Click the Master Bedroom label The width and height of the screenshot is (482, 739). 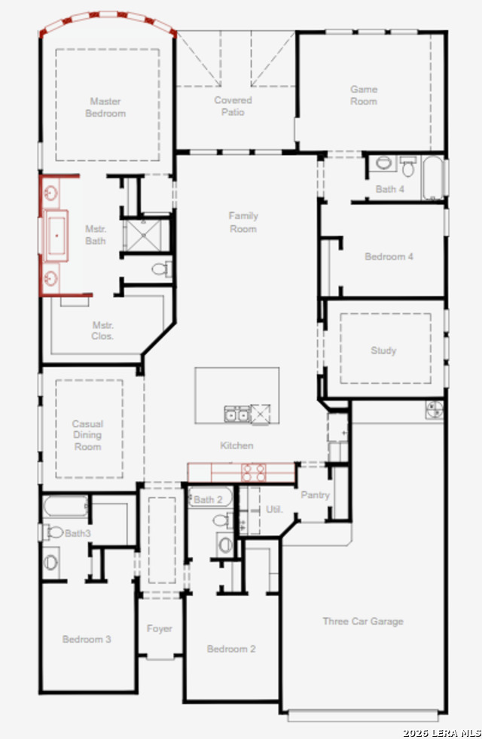(105, 108)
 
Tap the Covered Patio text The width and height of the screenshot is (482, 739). (233, 106)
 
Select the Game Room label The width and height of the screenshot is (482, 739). (364, 96)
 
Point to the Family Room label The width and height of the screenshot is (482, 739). (243, 222)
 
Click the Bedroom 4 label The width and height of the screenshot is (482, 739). (389, 257)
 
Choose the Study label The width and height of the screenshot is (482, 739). (383, 350)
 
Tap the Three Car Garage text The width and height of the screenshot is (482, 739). (363, 621)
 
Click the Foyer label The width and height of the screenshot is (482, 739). (160, 628)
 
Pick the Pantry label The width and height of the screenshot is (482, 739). (315, 495)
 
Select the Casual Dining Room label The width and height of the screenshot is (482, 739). (87, 435)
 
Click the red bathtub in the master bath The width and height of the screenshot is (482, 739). (56, 236)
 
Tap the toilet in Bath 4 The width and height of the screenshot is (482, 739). (408, 166)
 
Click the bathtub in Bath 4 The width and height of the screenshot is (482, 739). (433, 178)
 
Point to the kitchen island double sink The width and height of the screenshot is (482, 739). (236, 414)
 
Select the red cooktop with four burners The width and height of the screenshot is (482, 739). (254, 473)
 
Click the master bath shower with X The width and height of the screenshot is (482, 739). (143, 236)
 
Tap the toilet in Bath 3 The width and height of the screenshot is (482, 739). (53, 533)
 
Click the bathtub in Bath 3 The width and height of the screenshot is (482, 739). (66, 506)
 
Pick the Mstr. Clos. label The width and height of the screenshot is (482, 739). (102, 330)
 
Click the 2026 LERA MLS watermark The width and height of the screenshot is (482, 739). (442, 733)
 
